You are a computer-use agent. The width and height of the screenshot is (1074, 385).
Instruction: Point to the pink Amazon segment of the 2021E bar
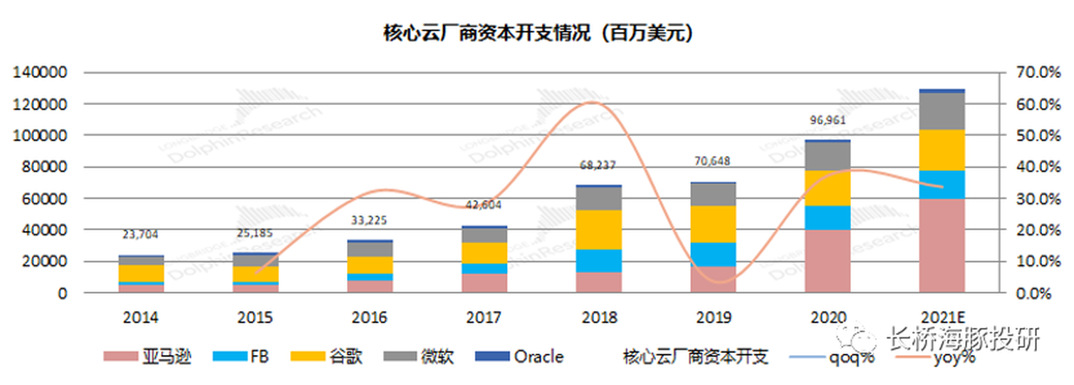tap(942, 246)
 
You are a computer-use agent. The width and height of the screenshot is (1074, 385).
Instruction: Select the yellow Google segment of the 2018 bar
tap(598, 230)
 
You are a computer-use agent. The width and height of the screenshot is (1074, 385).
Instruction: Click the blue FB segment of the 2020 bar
tap(827, 217)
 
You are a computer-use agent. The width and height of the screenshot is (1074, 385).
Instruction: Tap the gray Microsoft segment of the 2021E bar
tap(942, 111)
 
